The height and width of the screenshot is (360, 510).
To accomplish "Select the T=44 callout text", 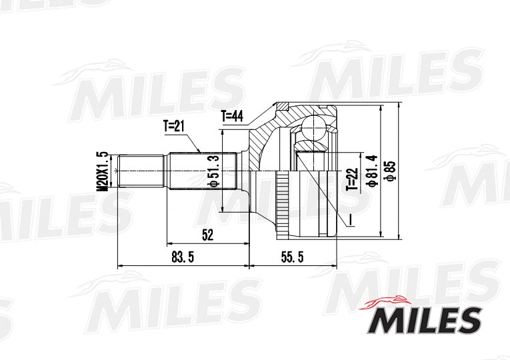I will tap(233, 117).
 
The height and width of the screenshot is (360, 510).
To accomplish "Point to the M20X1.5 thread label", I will tap(102, 171).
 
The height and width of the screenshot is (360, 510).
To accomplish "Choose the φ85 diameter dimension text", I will tap(391, 171).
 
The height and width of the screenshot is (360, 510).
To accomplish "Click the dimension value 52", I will tap(207, 235).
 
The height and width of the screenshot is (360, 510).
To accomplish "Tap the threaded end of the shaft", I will tap(141, 171).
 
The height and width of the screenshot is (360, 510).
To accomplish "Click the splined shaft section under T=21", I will tap(200, 171).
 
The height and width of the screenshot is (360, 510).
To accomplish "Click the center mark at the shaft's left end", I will tap(117, 171).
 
